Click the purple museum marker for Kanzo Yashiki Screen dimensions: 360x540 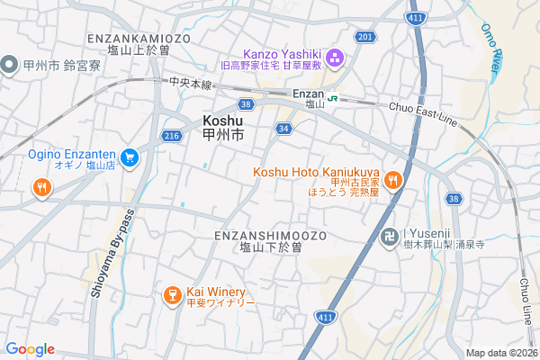[x=336, y=59]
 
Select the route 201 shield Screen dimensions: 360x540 [x=364, y=36]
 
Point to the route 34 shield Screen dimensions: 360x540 [x=283, y=129]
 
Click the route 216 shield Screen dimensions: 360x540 [x=172, y=135]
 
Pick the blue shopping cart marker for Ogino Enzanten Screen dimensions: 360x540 [x=130, y=157]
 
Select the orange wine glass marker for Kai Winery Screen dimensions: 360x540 [x=171, y=295]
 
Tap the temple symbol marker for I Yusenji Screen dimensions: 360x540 [x=390, y=238]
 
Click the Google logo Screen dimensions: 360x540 [x=30, y=349]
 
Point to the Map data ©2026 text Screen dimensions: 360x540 [x=500, y=353]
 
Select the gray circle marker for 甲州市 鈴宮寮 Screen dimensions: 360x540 [x=10, y=65]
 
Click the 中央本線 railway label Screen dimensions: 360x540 [x=190, y=83]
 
